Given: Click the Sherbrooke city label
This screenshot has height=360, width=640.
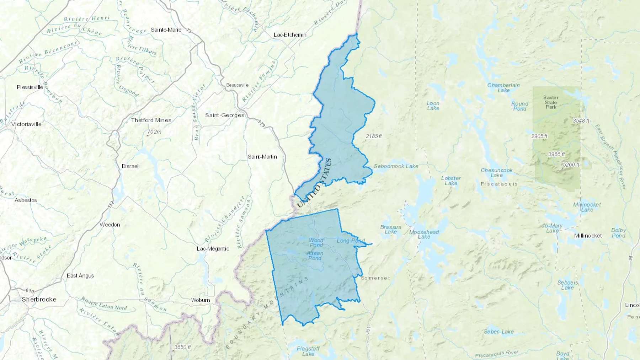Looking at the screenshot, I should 39,299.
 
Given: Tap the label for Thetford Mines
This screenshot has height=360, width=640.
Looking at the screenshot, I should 151,120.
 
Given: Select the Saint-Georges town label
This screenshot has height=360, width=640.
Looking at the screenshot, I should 225,115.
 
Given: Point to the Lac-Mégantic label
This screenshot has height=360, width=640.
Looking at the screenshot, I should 213,248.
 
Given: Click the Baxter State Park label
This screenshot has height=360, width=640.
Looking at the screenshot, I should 551,102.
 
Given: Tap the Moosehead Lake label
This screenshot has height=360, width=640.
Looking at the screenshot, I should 424,234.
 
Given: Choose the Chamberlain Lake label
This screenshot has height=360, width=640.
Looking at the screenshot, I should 503,88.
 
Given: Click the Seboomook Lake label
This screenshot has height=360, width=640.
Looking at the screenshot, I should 396,166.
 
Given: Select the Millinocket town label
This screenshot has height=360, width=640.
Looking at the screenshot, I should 588,236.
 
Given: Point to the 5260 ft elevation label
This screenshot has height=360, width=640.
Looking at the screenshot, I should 571,165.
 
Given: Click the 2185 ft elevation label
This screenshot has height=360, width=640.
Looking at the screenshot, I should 374,136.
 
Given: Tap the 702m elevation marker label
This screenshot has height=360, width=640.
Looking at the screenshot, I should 154,132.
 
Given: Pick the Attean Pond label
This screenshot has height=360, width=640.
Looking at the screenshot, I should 315,256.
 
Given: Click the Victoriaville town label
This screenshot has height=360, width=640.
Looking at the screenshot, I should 26,124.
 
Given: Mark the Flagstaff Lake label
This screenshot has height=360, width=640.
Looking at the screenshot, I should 308,351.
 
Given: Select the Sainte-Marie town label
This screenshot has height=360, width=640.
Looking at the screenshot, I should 166,30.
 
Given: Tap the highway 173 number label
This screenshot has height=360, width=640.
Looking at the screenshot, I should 261,124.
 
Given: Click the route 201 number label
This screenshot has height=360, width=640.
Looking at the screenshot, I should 368,330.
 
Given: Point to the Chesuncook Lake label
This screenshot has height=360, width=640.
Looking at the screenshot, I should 496,173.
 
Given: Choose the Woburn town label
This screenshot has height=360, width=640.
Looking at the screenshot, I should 201,300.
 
